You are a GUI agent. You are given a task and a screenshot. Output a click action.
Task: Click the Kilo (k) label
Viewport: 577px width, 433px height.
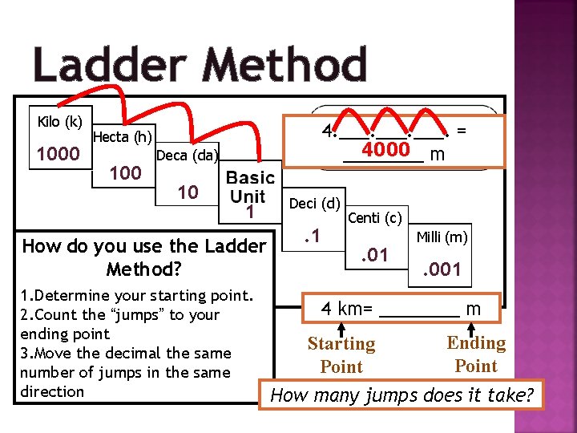(60, 122)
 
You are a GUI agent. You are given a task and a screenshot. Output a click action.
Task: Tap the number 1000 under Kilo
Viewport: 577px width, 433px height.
(59, 154)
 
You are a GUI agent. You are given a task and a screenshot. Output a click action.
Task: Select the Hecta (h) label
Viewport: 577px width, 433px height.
(123, 137)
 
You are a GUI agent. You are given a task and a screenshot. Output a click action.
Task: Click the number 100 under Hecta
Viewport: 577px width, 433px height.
(125, 172)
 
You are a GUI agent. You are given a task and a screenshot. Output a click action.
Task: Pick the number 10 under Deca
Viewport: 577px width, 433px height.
(188, 192)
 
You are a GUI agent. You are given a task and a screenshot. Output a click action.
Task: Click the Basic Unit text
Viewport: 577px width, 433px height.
(250, 187)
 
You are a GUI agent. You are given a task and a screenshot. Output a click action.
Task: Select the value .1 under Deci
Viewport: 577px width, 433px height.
(312, 236)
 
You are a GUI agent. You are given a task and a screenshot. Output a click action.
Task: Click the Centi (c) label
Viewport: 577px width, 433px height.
(375, 217)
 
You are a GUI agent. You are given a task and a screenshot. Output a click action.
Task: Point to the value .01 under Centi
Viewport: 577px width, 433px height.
(374, 256)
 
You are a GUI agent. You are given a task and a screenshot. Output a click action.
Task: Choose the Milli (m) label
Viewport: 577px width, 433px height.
(442, 237)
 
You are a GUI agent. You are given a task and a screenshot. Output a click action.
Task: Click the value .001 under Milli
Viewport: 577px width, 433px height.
(442, 270)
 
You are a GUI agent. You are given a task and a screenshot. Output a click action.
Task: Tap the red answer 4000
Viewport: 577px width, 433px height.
(387, 151)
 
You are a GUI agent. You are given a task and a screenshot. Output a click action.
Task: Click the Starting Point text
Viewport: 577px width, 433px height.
(341, 355)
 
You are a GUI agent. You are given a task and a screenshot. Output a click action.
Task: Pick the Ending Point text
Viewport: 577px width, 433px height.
(476, 354)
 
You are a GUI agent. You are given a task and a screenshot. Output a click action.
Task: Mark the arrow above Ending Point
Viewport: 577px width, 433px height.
(473, 326)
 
